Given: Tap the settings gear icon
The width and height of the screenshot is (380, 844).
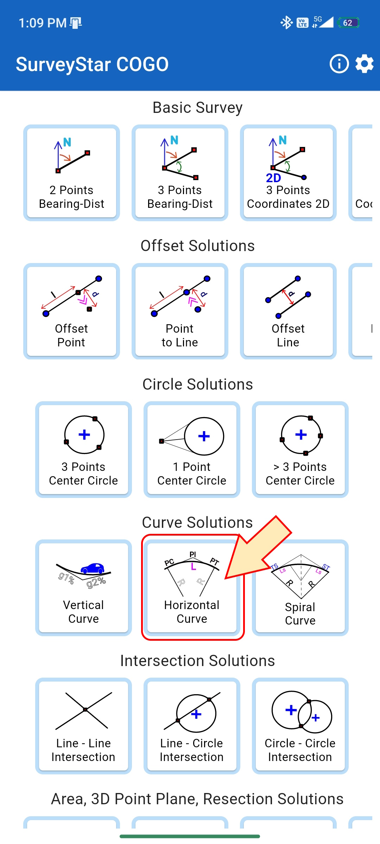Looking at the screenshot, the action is [x=364, y=64].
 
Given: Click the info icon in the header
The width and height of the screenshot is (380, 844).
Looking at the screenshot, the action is [x=339, y=64].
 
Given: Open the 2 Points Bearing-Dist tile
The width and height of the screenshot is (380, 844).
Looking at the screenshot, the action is [x=71, y=173].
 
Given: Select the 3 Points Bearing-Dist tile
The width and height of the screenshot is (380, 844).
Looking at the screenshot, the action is [x=180, y=173].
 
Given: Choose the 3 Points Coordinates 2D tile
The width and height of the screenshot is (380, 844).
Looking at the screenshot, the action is [x=288, y=173].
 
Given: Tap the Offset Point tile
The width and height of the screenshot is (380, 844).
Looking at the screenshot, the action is [x=71, y=311].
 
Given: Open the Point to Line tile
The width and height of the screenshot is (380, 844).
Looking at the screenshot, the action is [x=180, y=311].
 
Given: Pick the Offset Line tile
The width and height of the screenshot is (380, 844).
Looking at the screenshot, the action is [x=288, y=311].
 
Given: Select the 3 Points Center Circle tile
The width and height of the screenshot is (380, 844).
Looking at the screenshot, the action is [x=83, y=449].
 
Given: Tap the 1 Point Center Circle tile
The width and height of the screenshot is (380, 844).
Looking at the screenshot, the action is [x=192, y=449].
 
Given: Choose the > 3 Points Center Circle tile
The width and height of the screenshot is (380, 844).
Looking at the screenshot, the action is [x=300, y=449].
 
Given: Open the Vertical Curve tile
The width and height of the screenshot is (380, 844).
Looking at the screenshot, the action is [x=83, y=588].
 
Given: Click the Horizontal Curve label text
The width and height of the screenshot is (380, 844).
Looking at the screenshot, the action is [x=192, y=612].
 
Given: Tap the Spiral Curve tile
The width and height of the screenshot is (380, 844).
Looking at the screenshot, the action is [x=300, y=588].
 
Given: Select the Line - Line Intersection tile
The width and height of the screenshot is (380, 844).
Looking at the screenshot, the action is [x=83, y=726].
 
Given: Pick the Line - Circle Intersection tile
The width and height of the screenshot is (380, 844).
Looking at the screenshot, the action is [x=192, y=726].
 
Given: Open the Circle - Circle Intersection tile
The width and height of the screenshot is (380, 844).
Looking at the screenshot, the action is [x=300, y=726].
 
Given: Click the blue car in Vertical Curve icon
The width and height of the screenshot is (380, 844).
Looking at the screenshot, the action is [x=93, y=568].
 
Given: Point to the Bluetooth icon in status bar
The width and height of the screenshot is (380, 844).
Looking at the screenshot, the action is [x=286, y=23].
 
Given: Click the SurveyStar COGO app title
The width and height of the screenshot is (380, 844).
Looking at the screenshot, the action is [x=92, y=64].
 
